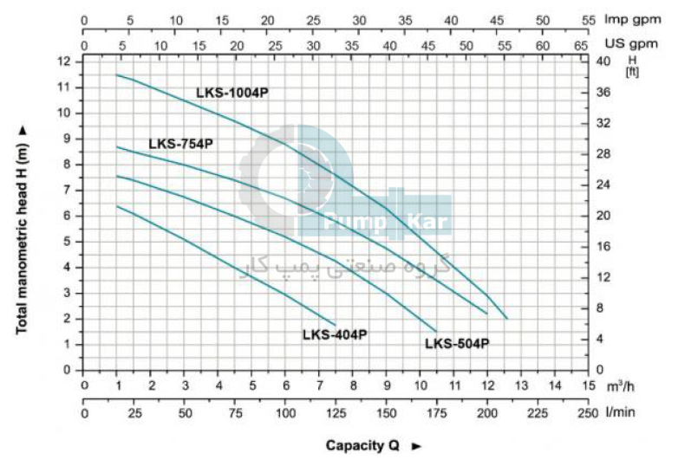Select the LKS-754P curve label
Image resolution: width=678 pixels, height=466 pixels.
pos(180,144)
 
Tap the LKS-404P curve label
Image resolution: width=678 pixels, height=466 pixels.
pos(335,334)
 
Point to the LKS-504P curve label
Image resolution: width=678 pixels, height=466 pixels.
pos(457,343)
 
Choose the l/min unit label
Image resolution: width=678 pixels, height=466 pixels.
pos(619,411)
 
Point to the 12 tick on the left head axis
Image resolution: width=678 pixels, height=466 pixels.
pos(65,61)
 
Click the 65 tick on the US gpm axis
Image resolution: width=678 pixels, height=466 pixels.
pos(582,42)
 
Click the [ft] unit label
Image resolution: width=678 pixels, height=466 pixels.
pos(632,72)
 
